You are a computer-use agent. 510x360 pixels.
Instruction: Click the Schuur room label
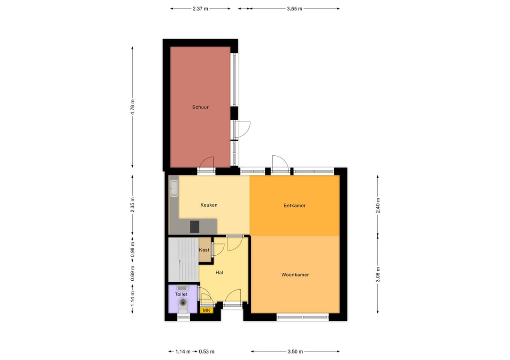[x=200, y=107]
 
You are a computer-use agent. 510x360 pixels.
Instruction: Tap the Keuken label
[x=209, y=205]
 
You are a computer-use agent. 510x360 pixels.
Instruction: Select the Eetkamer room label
[x=294, y=206]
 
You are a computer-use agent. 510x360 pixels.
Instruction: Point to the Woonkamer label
[x=295, y=275]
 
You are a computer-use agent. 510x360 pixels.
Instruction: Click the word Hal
[x=219, y=273]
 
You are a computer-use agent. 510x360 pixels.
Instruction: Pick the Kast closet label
[x=204, y=250]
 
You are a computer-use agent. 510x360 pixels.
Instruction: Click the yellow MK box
[x=206, y=310]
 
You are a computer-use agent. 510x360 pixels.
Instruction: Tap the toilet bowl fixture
[x=183, y=303]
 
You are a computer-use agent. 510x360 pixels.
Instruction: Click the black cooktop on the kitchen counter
[x=195, y=226]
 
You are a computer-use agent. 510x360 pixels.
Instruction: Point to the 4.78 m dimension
[x=133, y=107]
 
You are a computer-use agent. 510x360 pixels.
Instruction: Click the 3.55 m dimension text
[x=294, y=8]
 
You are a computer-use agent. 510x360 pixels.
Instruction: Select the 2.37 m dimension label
[x=200, y=8]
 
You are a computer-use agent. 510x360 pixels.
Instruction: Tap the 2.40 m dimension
[x=378, y=206]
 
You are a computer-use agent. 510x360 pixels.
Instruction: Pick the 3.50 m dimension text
[x=295, y=352]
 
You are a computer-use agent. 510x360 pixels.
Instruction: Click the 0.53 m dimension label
[x=206, y=352]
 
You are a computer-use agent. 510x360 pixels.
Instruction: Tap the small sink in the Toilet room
[x=182, y=287]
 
